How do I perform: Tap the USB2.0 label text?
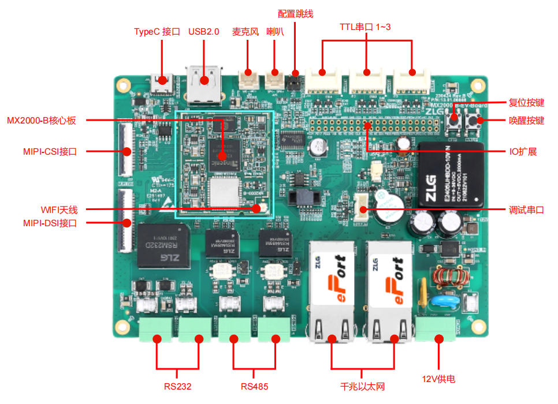(x=204, y=32)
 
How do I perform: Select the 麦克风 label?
(x=244, y=32)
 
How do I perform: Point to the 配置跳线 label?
(x=295, y=13)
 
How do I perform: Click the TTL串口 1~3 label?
(x=365, y=27)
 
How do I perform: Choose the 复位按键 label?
(x=526, y=103)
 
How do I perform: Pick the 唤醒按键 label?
(x=526, y=121)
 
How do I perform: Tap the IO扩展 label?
(x=523, y=152)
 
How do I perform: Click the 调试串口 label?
(x=526, y=210)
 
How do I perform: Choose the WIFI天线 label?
(x=59, y=210)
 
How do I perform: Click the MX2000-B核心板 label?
(x=42, y=121)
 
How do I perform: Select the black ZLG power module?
(x=451, y=175)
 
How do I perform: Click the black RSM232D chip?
(x=163, y=246)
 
